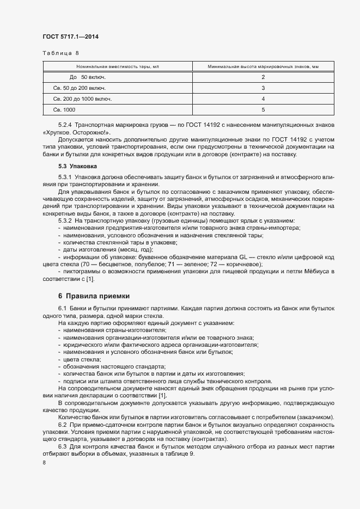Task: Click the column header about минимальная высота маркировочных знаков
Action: [x=263, y=67]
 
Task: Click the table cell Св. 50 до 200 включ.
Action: [x=80, y=88]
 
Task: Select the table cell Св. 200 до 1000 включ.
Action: [x=83, y=99]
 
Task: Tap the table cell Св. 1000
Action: [x=65, y=109]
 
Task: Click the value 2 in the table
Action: [x=263, y=77]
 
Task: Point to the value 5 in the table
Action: [x=263, y=109]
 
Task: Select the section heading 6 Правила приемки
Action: [x=94, y=296]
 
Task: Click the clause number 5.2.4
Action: [x=65, y=125]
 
